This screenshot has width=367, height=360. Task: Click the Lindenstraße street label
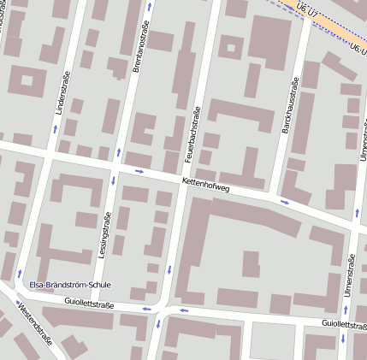point(62,93)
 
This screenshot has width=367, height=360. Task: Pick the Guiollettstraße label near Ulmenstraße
point(344,325)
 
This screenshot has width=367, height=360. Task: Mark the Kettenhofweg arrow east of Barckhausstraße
point(285,203)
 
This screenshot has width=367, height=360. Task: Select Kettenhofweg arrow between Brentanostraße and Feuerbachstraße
point(139,171)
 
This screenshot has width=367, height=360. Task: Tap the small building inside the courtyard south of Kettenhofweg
point(250,264)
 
